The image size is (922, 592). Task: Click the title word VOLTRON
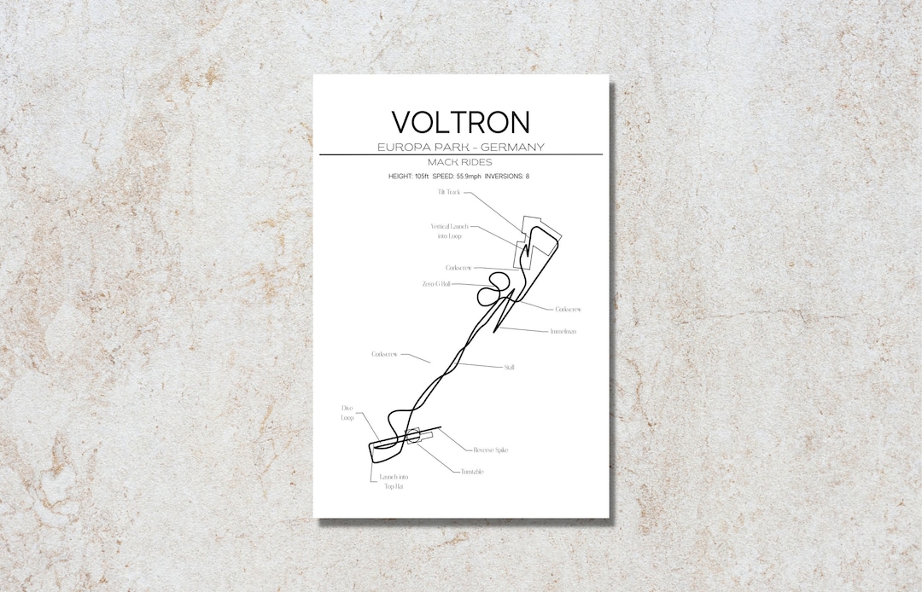point(460,121)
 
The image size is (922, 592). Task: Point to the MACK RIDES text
point(460,162)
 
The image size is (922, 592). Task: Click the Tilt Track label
point(447,193)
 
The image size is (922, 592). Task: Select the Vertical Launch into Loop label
point(449,231)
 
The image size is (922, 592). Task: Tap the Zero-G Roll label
point(436,284)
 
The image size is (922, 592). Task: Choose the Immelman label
point(563,331)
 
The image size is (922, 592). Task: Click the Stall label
point(510,367)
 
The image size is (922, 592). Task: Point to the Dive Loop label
point(347,414)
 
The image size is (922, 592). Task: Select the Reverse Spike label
point(490,450)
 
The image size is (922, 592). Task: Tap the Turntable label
point(472,472)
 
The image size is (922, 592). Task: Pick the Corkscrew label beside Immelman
point(568,309)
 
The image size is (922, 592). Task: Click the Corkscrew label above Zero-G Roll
point(458,268)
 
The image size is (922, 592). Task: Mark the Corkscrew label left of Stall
point(384,353)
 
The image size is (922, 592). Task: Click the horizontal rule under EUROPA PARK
point(460,154)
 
